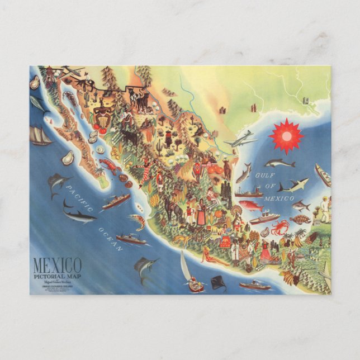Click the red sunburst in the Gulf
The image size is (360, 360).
point(286,136)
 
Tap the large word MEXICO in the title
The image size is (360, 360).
point(57,264)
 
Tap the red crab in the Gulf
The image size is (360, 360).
point(280,227)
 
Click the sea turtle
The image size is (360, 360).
point(300,220)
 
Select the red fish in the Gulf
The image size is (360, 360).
point(252,206)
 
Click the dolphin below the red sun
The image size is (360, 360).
point(280,163)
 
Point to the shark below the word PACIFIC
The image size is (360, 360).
point(79,215)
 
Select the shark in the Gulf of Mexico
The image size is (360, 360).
point(293,185)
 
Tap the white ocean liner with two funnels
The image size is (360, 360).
point(264,217)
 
